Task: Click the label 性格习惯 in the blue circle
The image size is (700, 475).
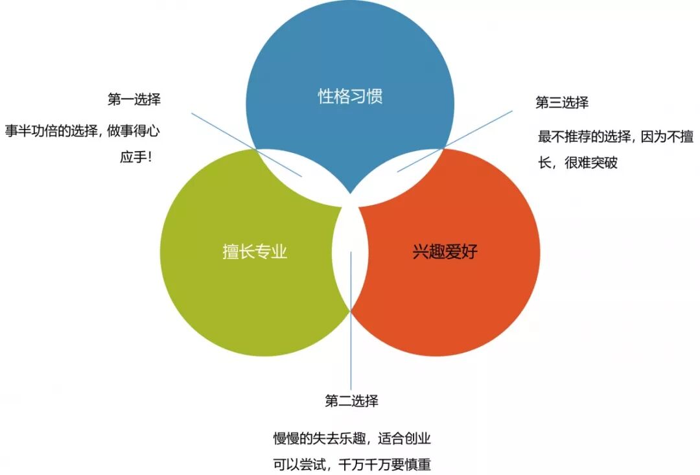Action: tap(350, 97)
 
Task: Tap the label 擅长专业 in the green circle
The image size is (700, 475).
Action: tap(255, 251)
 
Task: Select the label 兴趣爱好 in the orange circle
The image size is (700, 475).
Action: tap(445, 251)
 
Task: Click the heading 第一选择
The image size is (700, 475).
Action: tap(134, 100)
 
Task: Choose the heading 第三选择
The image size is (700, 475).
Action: tap(562, 102)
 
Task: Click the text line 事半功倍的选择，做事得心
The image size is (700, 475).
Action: tap(82, 130)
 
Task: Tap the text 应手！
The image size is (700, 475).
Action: tap(136, 157)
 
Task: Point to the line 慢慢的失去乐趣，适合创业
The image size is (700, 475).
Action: tap(352, 439)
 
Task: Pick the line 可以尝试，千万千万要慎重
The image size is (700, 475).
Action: tap(352, 465)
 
